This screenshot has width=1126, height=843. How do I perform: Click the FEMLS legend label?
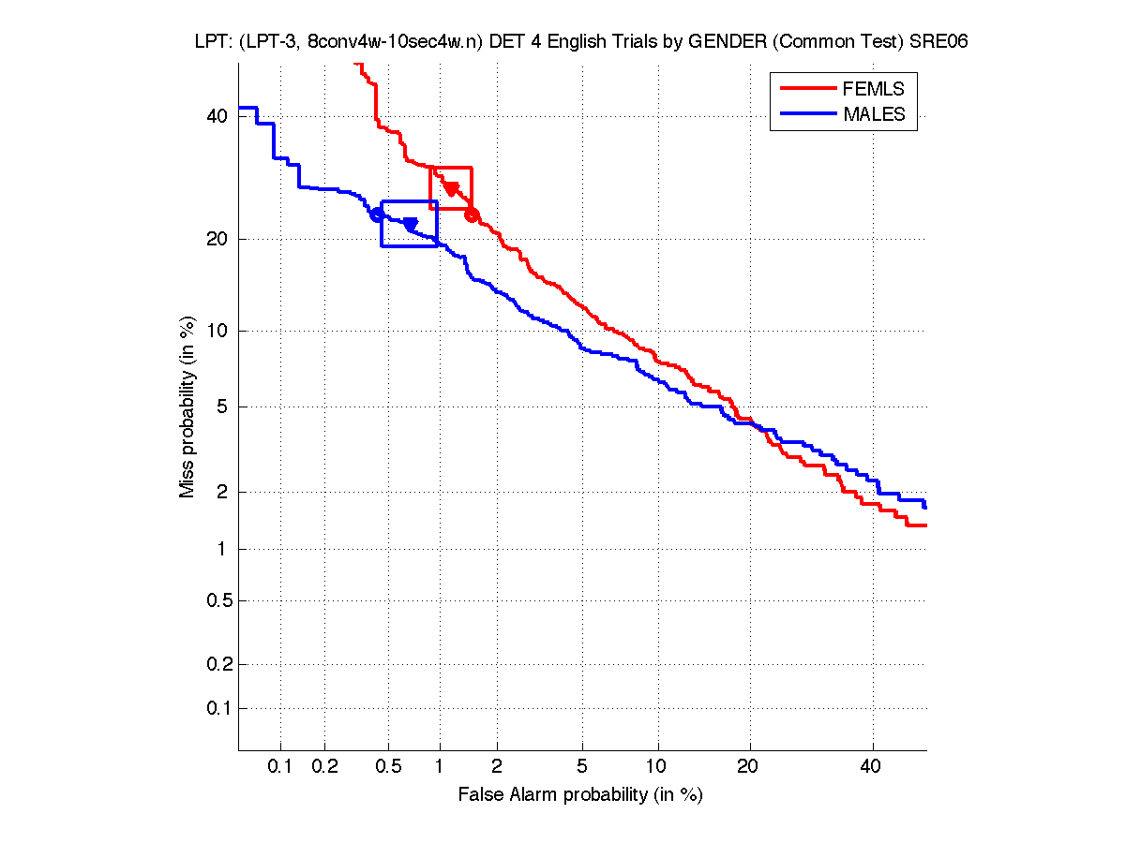coord(874,89)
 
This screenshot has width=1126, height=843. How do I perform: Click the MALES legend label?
coord(874,114)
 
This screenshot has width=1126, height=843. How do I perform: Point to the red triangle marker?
coord(451,188)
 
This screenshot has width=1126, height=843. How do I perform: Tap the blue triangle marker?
coord(410,224)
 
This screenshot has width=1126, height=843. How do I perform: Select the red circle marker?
coord(472,215)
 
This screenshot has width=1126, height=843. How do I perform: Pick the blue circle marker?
coord(377,214)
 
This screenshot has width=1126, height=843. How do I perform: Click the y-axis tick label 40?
coord(218,116)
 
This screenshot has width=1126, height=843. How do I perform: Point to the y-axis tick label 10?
coord(218,331)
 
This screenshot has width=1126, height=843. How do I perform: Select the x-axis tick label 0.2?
coord(324,766)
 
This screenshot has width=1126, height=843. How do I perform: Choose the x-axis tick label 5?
coord(582,766)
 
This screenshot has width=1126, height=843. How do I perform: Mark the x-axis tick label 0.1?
coord(280,766)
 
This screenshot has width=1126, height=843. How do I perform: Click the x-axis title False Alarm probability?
coord(580,795)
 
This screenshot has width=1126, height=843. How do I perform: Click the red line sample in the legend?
coord(807,89)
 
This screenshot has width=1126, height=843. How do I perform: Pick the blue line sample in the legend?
coord(807,114)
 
